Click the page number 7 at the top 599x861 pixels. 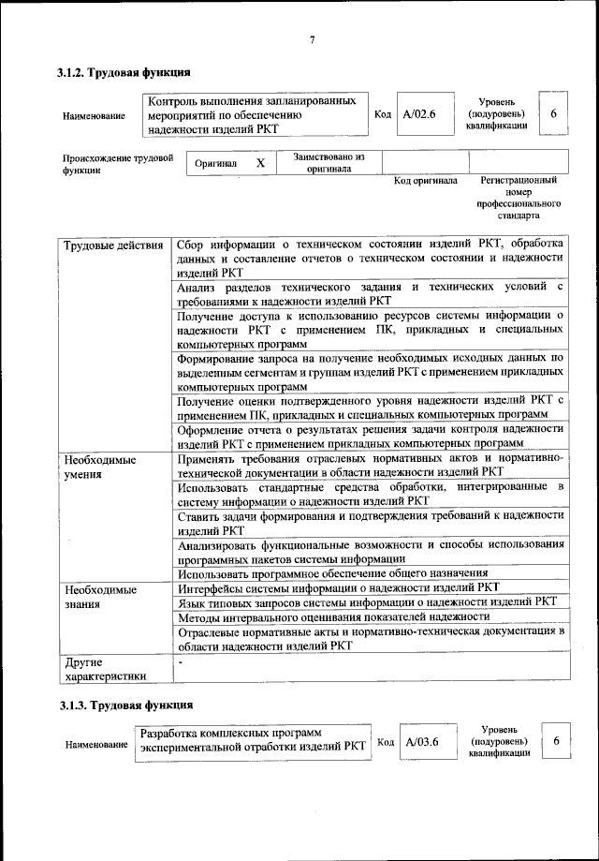pyautogui.click(x=313, y=38)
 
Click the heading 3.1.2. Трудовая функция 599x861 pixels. pyautogui.click(x=124, y=71)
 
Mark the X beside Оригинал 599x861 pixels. pyautogui.click(x=261, y=163)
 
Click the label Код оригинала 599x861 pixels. pyautogui.click(x=425, y=180)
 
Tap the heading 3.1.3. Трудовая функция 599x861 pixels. pyautogui.click(x=124, y=702)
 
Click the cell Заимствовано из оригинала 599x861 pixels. pyautogui.click(x=328, y=163)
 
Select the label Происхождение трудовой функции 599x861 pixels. pyautogui.click(x=118, y=164)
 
